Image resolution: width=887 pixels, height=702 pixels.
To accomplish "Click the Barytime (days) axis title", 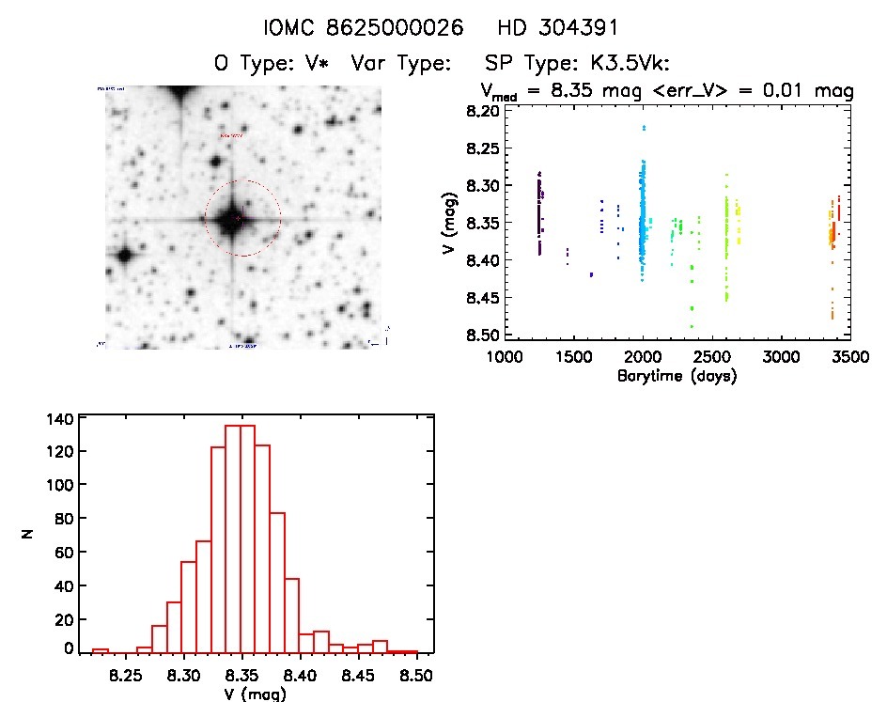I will pos(677,376).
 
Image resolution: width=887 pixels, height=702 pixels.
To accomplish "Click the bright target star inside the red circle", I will pos(231,220).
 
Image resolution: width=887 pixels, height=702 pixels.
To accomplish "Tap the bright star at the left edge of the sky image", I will pos(122,254).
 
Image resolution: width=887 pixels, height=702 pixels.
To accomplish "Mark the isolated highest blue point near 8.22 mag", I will pos(644,127).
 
